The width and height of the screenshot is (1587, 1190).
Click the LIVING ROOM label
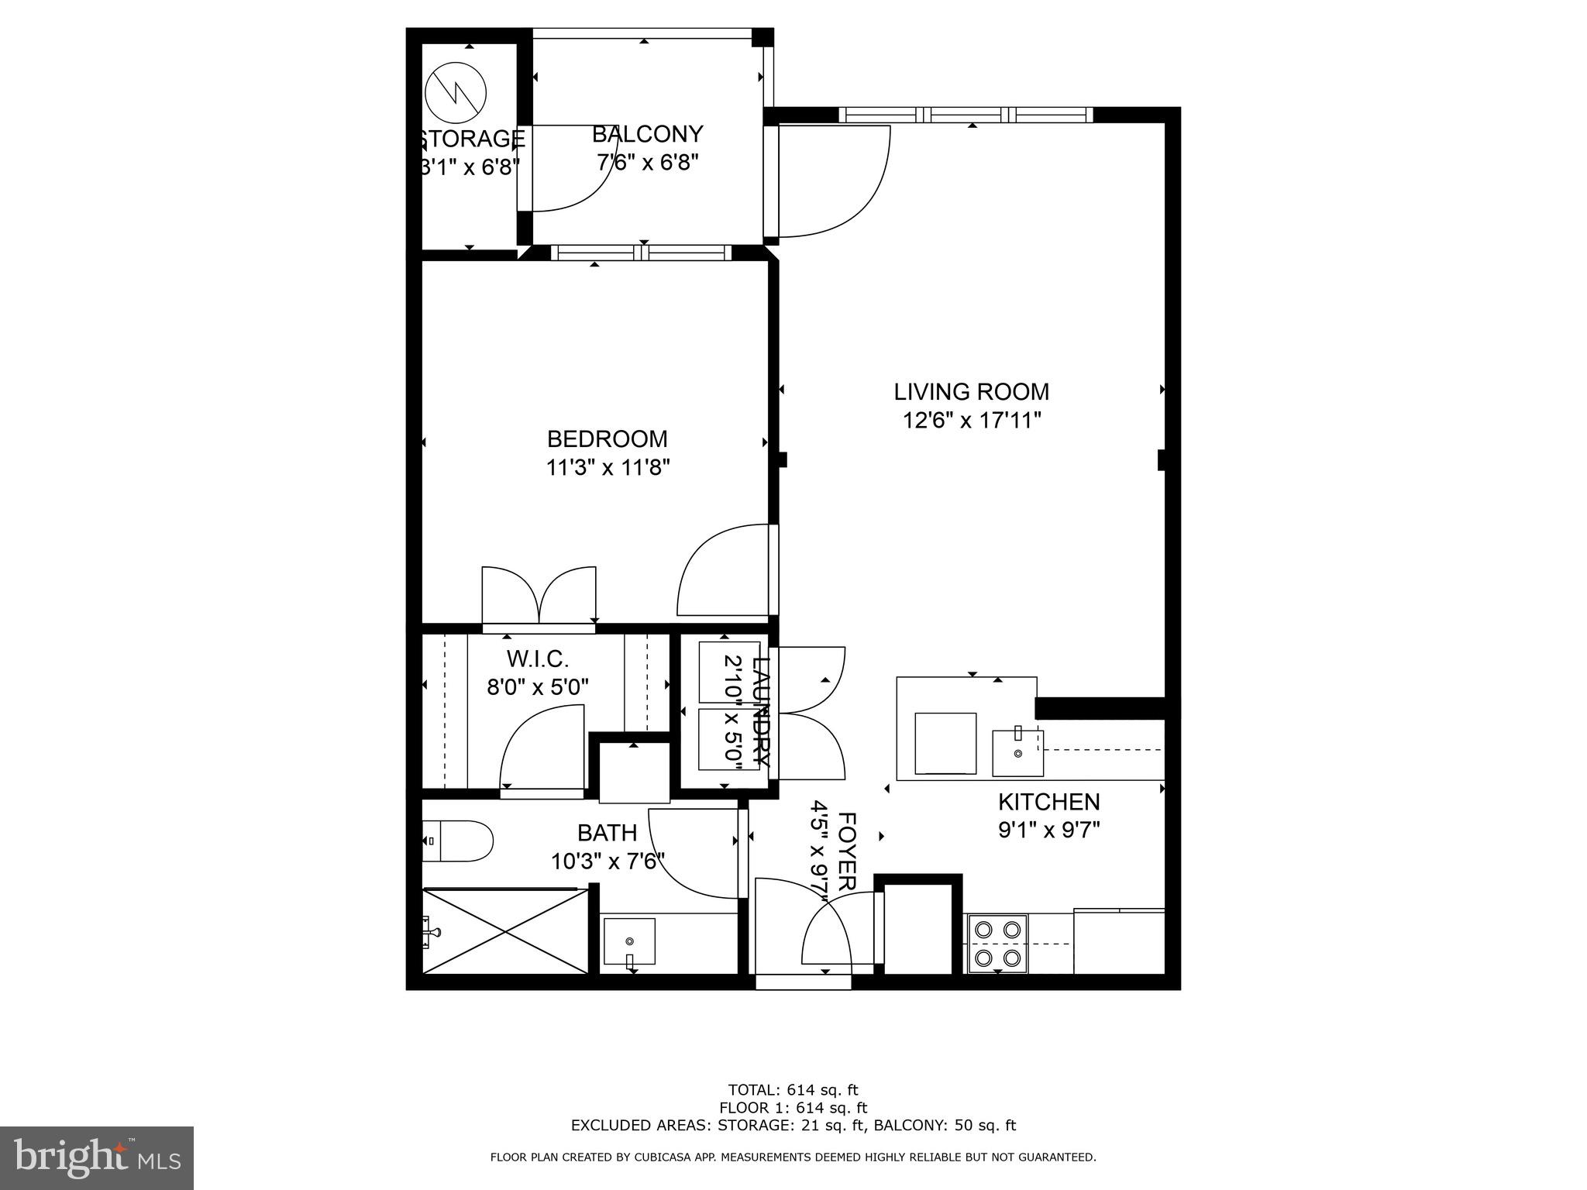click(971, 391)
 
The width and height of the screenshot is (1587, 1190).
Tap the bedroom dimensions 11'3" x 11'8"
click(608, 468)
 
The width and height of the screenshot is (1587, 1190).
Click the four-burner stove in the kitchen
click(997, 943)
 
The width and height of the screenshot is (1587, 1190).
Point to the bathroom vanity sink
click(629, 941)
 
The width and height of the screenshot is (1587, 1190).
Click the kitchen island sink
click(1017, 752)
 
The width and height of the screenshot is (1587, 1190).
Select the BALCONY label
click(647, 134)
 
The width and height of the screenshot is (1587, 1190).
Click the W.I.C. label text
click(538, 659)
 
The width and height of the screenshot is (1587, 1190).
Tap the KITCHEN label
click(1048, 801)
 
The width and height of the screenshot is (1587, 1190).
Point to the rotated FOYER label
click(847, 851)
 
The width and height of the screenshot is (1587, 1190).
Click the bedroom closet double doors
click(539, 597)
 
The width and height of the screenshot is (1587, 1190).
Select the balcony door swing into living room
click(833, 182)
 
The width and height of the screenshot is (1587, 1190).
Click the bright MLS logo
click(97, 1157)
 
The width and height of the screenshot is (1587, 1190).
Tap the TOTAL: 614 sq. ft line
click(793, 1090)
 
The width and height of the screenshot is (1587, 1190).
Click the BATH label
click(607, 833)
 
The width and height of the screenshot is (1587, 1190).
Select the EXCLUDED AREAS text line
click(793, 1126)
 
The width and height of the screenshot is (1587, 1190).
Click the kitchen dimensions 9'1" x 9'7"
click(1048, 831)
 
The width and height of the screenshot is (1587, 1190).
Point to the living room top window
click(966, 115)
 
